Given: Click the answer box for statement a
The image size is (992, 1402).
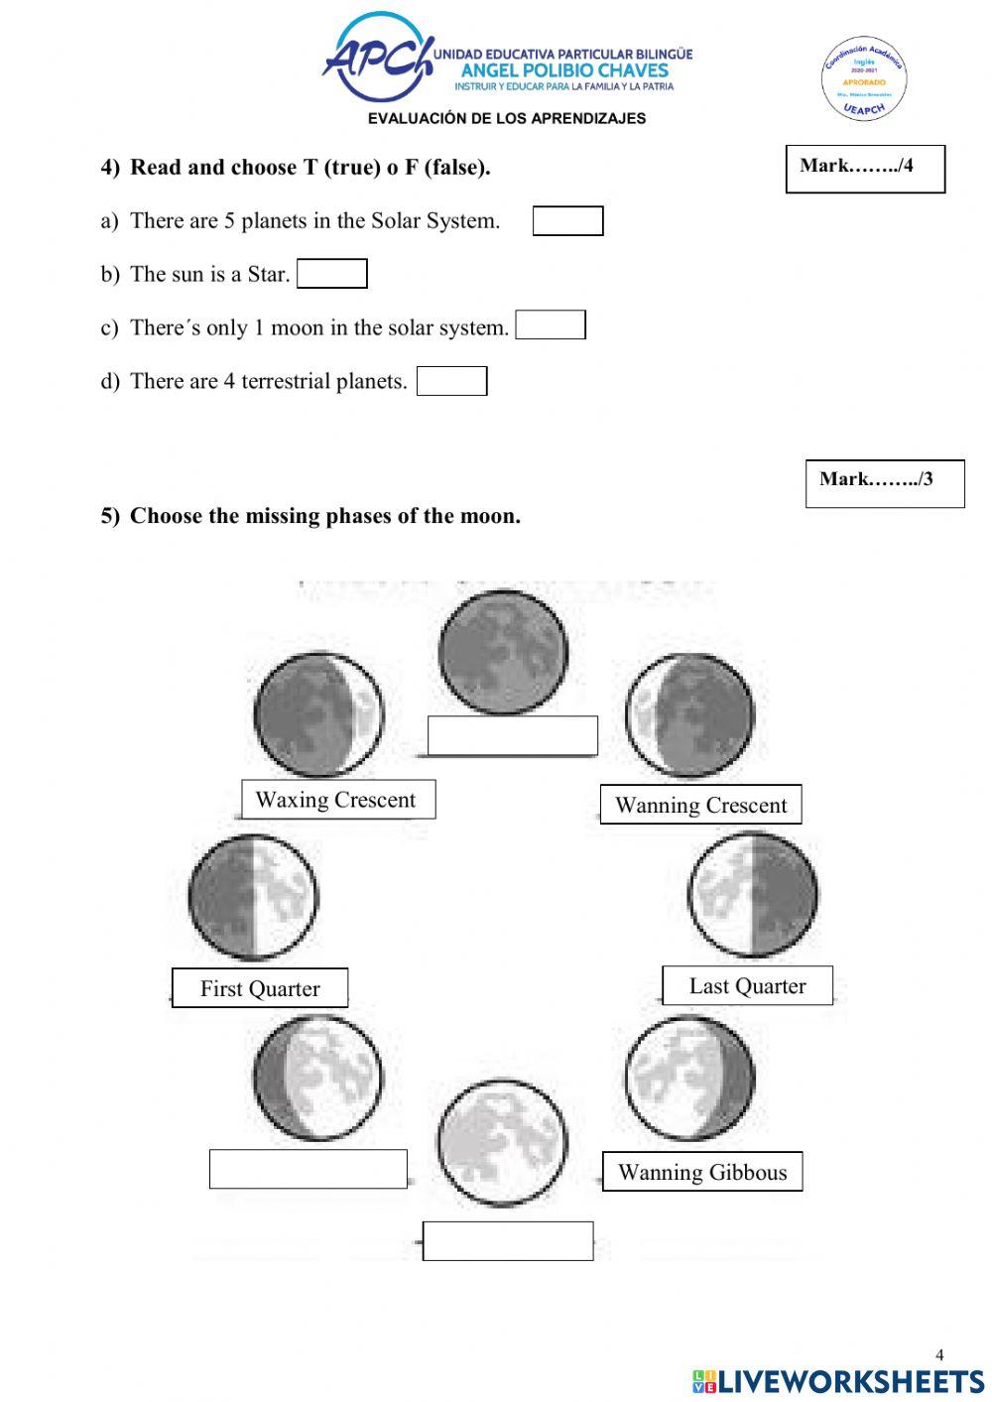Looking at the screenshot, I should click(x=567, y=221).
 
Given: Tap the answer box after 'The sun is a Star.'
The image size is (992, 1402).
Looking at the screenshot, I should click(x=332, y=274).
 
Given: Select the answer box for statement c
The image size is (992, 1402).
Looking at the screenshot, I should click(x=551, y=325).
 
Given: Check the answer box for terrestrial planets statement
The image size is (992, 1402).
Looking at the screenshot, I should click(x=451, y=381).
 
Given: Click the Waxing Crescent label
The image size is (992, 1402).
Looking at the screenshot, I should click(x=337, y=800).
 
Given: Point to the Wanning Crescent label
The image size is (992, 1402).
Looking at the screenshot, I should click(x=700, y=805).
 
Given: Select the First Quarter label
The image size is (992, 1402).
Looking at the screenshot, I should click(x=260, y=988).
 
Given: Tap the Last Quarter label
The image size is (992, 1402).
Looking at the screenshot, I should click(x=747, y=985).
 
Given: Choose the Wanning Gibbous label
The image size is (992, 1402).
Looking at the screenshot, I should click(x=702, y=1172).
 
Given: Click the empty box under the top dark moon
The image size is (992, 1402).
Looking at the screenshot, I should click(x=513, y=736).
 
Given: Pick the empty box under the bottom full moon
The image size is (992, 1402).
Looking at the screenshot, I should click(x=508, y=1241).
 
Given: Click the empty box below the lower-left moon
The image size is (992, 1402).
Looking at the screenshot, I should click(x=309, y=1169).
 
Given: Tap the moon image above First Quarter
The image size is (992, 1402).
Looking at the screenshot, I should click(x=253, y=898).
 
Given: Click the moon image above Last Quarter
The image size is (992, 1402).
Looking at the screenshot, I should click(x=754, y=894).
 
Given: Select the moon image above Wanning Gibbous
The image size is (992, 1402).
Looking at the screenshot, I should click(x=689, y=1079).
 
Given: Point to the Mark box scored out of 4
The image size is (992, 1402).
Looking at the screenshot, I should click(x=865, y=169).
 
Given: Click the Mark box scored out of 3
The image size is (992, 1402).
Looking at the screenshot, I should click(x=885, y=484).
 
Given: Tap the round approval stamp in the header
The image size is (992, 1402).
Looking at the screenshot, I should click(x=864, y=79).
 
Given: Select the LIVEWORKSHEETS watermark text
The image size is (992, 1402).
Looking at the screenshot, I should click(x=838, y=1380).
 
